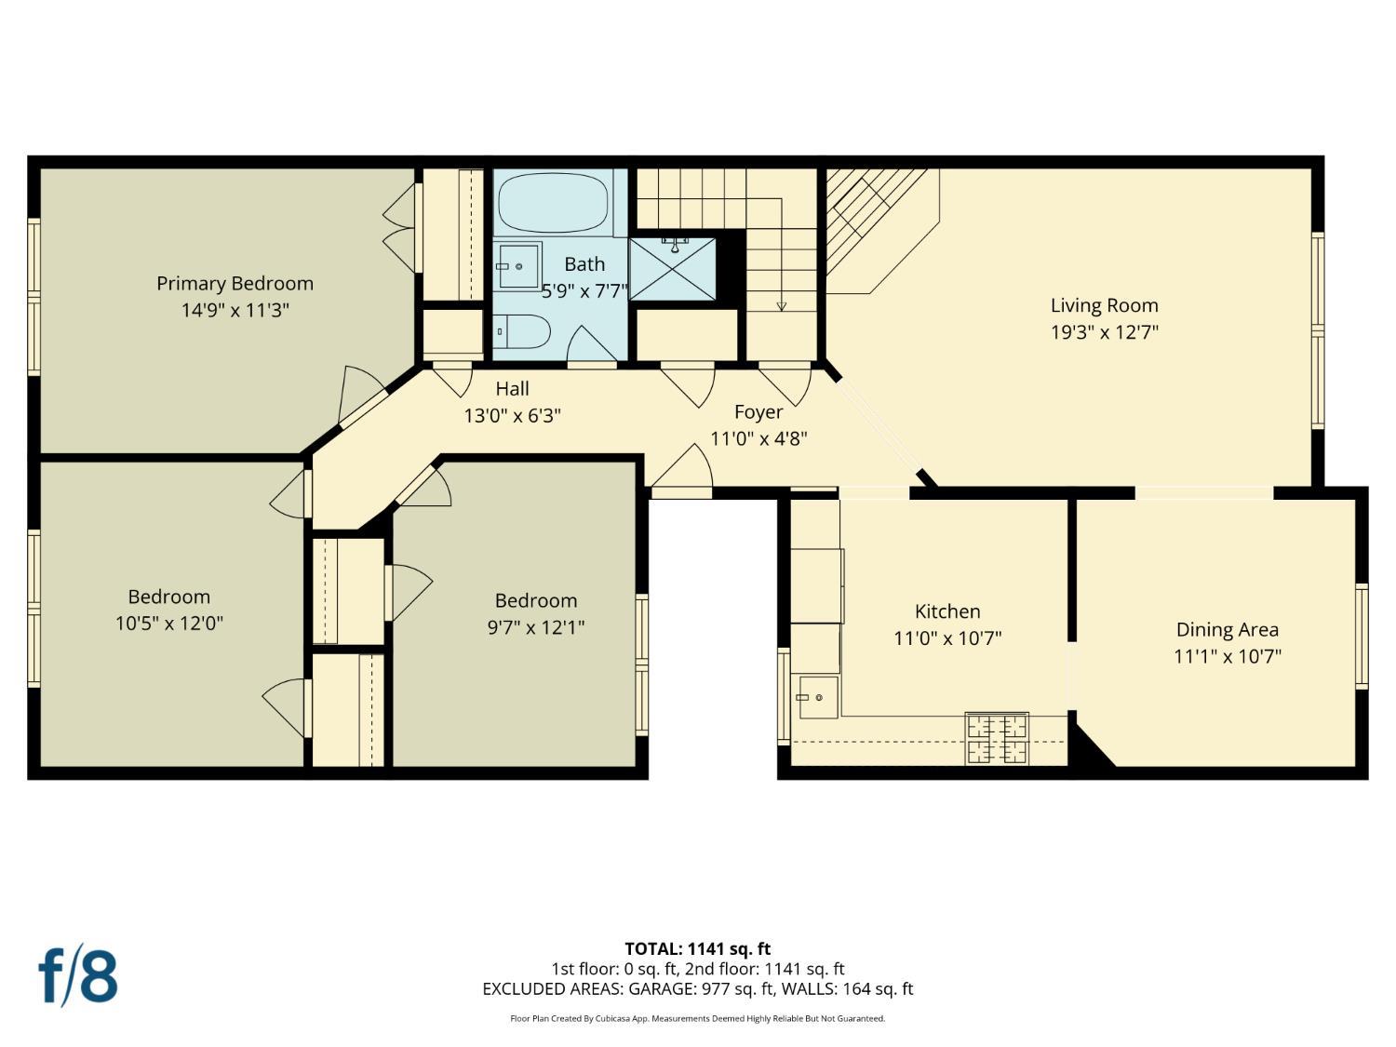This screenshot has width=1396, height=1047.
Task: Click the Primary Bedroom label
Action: tap(235, 284)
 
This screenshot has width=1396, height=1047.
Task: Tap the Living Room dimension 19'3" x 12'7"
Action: tap(1105, 332)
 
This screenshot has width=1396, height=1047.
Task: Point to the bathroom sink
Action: tap(518, 266)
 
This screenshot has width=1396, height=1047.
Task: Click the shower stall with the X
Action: tap(672, 269)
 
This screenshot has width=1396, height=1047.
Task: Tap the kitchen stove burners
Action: tap(997, 739)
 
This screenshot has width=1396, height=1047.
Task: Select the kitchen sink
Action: tap(818, 697)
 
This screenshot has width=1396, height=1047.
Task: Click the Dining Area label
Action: tap(1227, 629)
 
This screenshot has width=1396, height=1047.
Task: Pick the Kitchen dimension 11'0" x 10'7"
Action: tap(947, 638)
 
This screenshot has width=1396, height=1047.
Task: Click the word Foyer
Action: tap(758, 412)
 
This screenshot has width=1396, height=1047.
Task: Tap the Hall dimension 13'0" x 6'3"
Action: tap(512, 416)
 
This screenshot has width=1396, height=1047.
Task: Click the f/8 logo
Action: tap(78, 975)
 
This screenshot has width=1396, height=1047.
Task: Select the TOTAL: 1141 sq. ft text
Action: tap(698, 949)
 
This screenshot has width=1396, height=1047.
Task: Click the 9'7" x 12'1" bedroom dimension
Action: tap(535, 627)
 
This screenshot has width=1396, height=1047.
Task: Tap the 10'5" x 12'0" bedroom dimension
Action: tap(169, 623)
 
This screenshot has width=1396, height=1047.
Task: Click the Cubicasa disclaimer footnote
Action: tap(698, 1018)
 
